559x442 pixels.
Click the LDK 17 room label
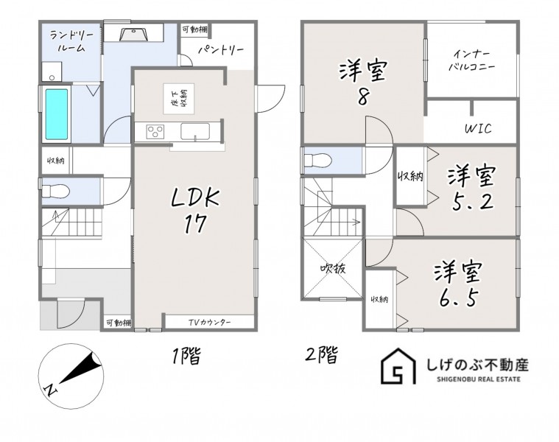point(195,210)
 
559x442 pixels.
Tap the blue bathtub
point(56,114)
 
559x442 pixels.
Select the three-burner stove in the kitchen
point(155,132)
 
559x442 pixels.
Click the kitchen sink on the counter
point(195,131)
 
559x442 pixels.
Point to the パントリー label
point(221,49)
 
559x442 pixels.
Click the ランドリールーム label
point(71,41)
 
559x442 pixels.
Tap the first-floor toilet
point(55,191)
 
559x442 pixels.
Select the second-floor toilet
point(318,160)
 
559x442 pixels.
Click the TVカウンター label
point(210,323)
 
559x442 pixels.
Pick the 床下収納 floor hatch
point(179,99)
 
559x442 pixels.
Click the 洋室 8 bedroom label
point(362,83)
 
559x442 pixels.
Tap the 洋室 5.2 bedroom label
point(472,188)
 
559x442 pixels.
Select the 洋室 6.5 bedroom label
point(458,284)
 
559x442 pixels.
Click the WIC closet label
point(478,128)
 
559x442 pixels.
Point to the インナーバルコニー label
point(471,60)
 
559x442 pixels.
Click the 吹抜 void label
point(333,268)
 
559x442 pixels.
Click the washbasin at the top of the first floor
point(134,35)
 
